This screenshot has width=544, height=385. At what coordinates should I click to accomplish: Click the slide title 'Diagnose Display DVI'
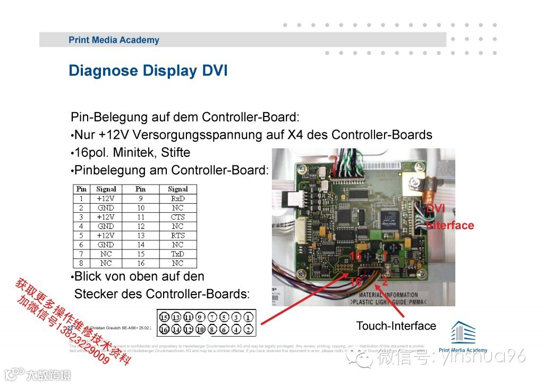[148, 71]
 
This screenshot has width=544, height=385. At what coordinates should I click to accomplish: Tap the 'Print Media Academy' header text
[114, 40]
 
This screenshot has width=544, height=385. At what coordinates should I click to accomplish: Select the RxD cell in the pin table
[177, 198]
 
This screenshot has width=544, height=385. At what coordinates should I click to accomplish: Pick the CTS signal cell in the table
[177, 217]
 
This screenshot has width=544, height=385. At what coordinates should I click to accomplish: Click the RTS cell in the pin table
[177, 236]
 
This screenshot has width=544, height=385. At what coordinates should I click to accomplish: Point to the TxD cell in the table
[177, 254]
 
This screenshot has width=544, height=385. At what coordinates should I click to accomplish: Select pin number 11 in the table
[140, 217]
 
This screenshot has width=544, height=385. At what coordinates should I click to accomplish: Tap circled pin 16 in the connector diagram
[165, 329]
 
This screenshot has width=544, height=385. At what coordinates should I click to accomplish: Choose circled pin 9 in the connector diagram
[200, 318]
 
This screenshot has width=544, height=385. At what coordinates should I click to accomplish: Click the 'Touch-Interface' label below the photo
[396, 326]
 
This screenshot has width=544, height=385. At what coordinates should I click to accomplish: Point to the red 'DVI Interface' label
[449, 218]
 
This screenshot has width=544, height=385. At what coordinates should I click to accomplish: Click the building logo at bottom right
[463, 332]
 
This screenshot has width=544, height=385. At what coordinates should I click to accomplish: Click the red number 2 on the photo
[385, 282]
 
